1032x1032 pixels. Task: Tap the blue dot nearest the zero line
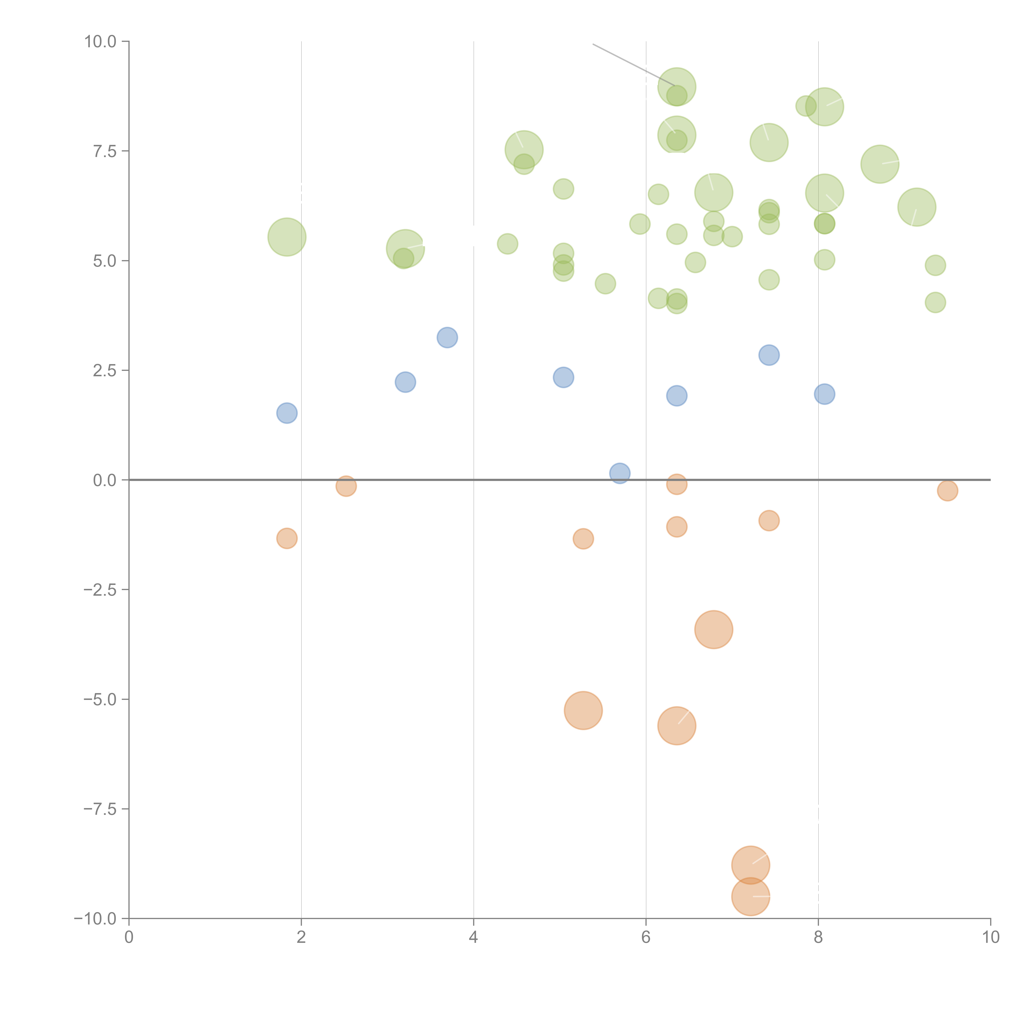[x=620, y=473]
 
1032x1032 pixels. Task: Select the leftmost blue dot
[x=287, y=413]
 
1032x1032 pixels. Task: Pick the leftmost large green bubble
[x=287, y=237]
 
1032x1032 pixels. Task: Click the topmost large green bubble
[x=677, y=86]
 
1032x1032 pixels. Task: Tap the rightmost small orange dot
[x=947, y=490]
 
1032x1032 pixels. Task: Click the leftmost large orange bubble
[x=583, y=710]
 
